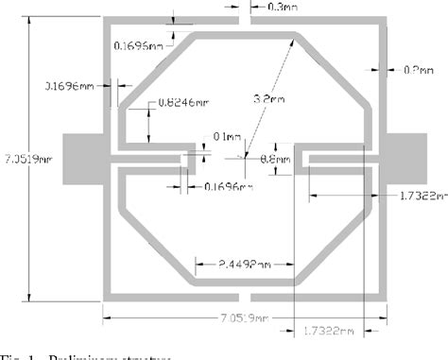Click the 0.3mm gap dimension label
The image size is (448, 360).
pyautogui.click(x=281, y=8)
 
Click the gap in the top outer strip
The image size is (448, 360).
pyautogui.click(x=244, y=19)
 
